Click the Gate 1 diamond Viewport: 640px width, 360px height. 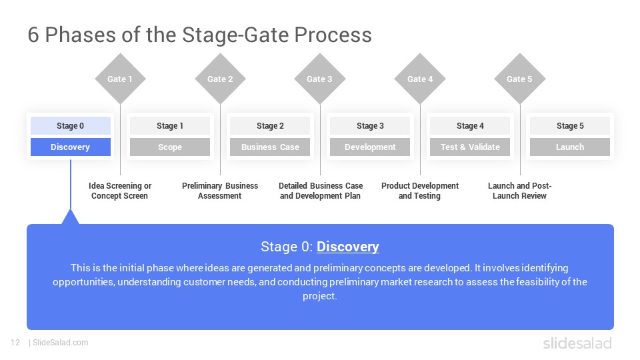pyautogui.click(x=120, y=79)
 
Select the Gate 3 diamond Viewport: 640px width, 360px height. pyautogui.click(x=320, y=79)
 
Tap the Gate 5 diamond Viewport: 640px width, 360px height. pyautogui.click(x=520, y=79)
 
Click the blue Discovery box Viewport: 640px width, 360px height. pyautogui.click(x=70, y=147)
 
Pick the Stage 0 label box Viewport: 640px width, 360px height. pyautogui.click(x=70, y=125)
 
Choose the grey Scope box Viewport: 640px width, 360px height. pyautogui.click(x=170, y=147)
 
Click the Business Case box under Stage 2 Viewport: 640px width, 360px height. pyautogui.click(x=270, y=147)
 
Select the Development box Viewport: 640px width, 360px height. pyautogui.click(x=370, y=147)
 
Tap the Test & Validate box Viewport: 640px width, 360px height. pyautogui.click(x=470, y=147)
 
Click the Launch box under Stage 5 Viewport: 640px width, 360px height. pyautogui.click(x=570, y=147)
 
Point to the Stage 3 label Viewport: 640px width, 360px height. pyautogui.click(x=370, y=125)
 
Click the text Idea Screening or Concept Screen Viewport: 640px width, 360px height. pyautogui.click(x=120, y=191)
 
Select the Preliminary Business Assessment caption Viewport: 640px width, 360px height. pyautogui.click(x=220, y=191)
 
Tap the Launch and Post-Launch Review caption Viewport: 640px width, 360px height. pyautogui.click(x=520, y=191)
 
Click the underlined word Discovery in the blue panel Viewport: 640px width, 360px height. pyautogui.click(x=348, y=247)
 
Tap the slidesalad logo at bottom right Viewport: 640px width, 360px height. pyautogui.click(x=577, y=343)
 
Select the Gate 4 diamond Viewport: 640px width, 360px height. pyautogui.click(x=420, y=79)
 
